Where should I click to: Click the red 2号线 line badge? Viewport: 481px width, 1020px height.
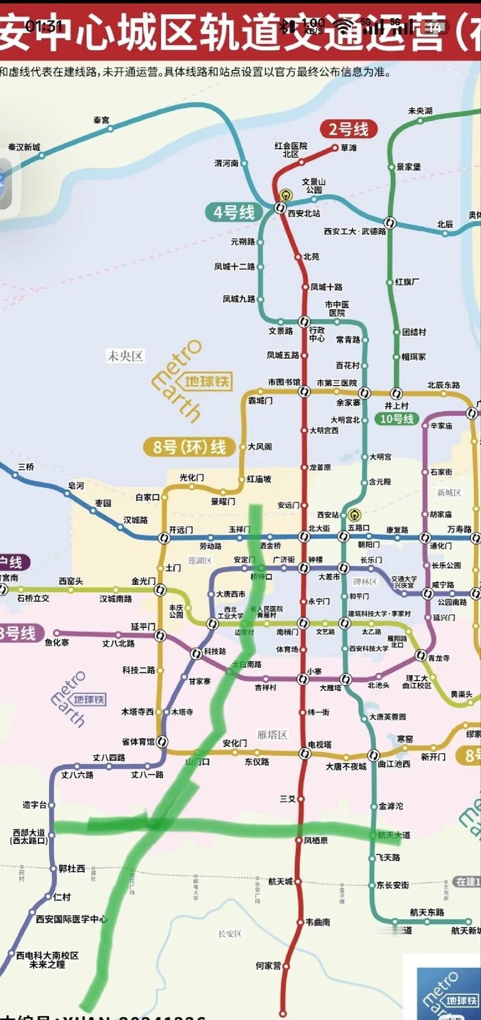coord(348,129)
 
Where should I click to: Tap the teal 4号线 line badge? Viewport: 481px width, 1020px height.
coord(234,212)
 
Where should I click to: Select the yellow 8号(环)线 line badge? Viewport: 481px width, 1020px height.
coord(189,447)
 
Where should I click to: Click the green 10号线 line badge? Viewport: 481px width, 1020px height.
coord(397,419)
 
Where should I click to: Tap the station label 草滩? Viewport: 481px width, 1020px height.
coord(348,147)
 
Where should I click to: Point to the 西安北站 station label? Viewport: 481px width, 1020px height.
coord(304,213)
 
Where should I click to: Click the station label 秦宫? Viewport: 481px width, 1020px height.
coord(101,119)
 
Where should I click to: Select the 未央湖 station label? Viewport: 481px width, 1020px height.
coord(420,111)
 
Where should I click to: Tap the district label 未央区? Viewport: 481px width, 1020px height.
coord(125,356)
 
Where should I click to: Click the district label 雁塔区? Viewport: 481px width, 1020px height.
coord(272,734)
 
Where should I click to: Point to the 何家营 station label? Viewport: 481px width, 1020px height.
coord(268,965)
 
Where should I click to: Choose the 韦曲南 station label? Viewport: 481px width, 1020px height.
coord(318,922)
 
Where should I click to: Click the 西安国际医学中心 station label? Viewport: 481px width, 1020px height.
coord(72,919)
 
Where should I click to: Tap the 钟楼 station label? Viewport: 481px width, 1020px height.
coord(315,559)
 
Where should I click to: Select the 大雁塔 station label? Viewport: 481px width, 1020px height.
coord(331,687)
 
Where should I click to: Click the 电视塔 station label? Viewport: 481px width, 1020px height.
coord(320,744)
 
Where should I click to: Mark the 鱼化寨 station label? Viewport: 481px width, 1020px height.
coord(57,642)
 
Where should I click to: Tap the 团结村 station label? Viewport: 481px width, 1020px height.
coord(414,332)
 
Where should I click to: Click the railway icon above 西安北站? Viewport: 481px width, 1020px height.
coord(286,195)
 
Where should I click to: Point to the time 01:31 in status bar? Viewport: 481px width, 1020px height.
coord(44,26)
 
